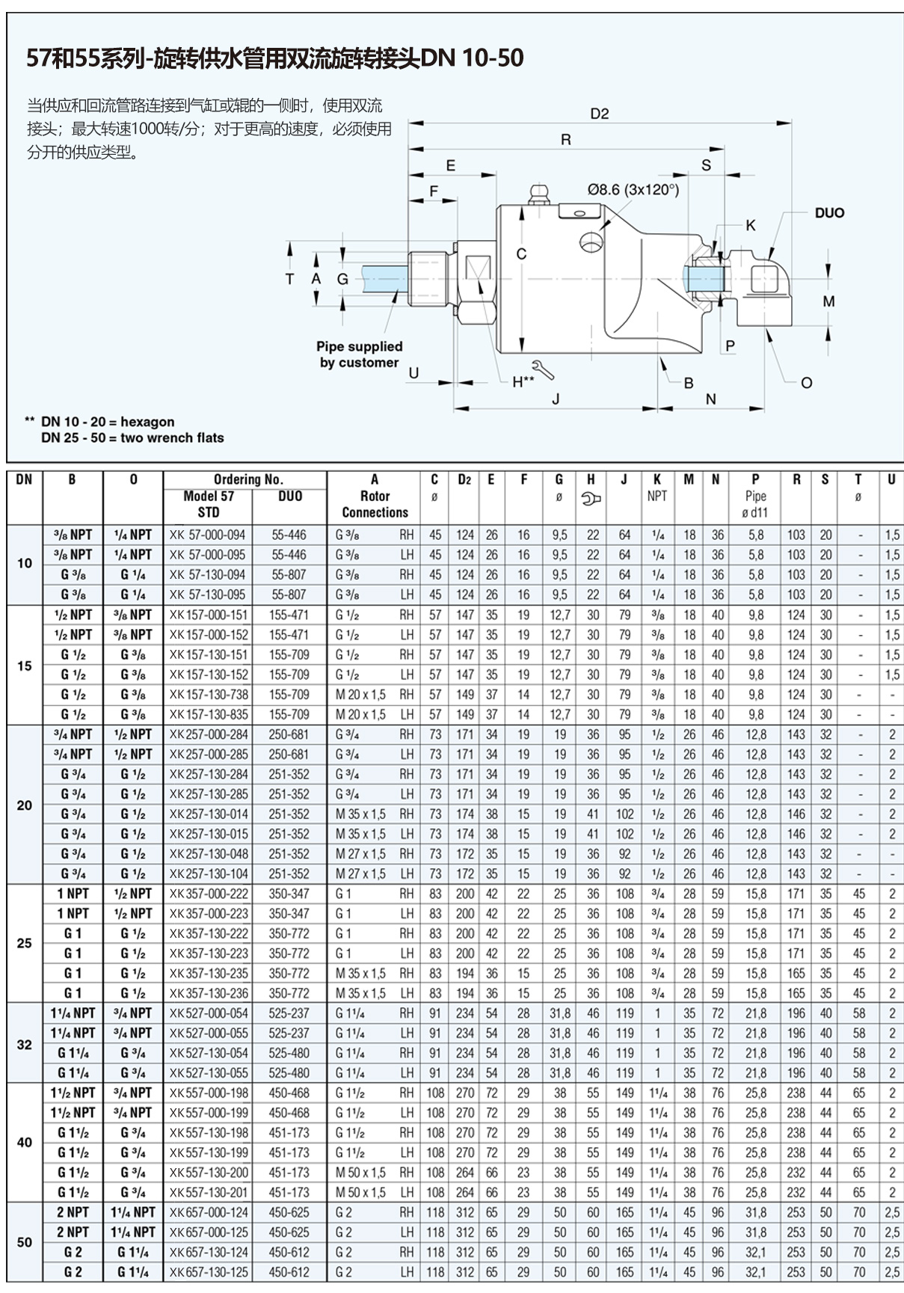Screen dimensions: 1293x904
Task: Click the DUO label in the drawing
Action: [x=828, y=213]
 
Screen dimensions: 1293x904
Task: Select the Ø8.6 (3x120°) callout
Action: [x=632, y=190]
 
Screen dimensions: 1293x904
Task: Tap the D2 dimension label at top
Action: [x=599, y=114]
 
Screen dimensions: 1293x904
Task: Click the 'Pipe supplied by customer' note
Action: [x=359, y=354]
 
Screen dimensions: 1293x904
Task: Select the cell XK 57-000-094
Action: [x=207, y=535]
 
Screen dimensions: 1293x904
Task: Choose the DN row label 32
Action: [x=25, y=1044]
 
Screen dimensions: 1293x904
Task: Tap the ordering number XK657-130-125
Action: [x=208, y=1272]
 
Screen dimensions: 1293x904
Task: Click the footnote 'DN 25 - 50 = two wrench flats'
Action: [x=132, y=438]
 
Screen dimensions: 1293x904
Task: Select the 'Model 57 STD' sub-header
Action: [x=208, y=504]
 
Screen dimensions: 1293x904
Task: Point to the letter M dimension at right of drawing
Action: [x=828, y=301]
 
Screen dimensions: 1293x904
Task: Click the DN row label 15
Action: [x=25, y=666]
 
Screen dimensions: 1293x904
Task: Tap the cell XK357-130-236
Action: [x=208, y=993]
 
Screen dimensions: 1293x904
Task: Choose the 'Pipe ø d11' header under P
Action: [x=755, y=505]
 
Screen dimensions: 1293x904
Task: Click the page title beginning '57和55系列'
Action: [x=274, y=58]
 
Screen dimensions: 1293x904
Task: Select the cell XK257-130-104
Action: [x=208, y=874]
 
